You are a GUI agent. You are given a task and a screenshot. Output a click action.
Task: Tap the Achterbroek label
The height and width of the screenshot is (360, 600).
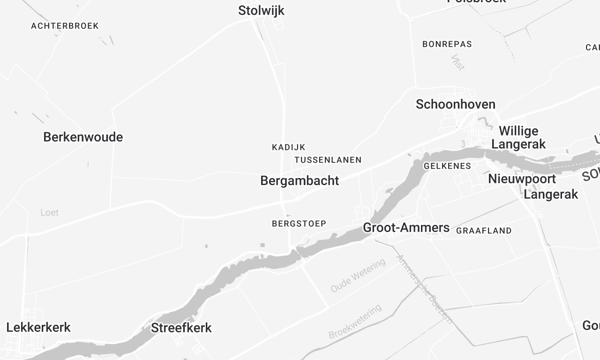65,25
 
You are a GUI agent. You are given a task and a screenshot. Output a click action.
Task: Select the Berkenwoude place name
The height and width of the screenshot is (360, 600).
83,137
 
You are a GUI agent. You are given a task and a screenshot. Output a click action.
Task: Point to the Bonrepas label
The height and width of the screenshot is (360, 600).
447,44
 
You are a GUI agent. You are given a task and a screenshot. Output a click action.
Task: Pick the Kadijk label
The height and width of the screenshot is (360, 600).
288,147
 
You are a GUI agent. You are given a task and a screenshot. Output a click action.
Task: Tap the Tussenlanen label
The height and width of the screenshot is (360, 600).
328,160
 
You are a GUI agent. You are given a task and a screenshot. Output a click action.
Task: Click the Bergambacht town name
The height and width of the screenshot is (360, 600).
299,181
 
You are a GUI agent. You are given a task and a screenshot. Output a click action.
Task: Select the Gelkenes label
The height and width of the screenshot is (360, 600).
447,165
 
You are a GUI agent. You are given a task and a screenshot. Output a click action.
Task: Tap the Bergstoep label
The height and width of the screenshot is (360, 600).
296,224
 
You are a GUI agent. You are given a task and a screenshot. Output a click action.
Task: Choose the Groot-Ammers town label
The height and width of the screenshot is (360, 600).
406,228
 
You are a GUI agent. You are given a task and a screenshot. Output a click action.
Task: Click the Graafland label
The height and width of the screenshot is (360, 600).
483,230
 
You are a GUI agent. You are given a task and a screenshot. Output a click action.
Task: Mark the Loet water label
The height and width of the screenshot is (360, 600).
50,213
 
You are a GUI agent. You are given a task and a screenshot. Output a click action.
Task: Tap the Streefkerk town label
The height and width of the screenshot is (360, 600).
181,327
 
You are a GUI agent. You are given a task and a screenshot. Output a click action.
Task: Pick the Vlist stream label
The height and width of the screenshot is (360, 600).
458,62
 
